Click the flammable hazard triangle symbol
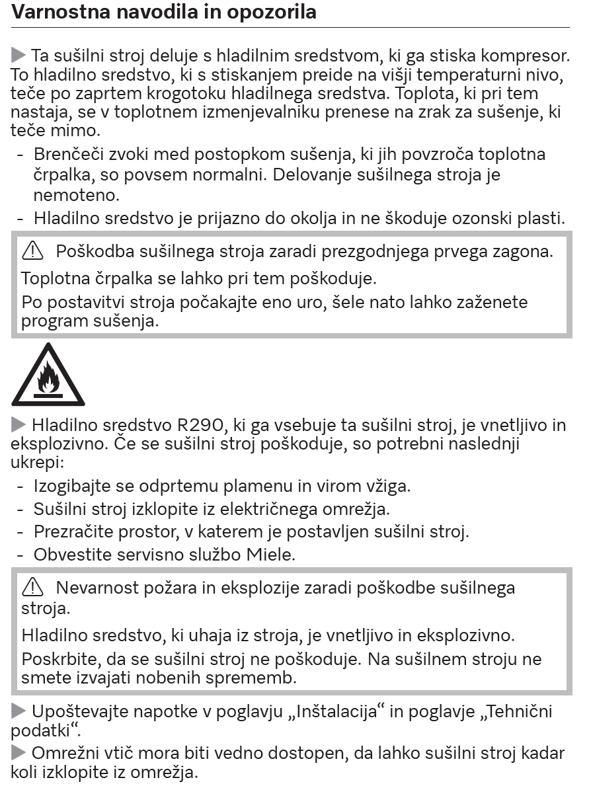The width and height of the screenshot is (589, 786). [x=48, y=375]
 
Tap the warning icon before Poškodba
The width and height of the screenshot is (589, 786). [x=32, y=251]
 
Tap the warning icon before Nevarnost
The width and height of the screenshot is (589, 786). [x=32, y=587]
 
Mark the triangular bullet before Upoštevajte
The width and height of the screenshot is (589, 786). [x=19, y=713]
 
